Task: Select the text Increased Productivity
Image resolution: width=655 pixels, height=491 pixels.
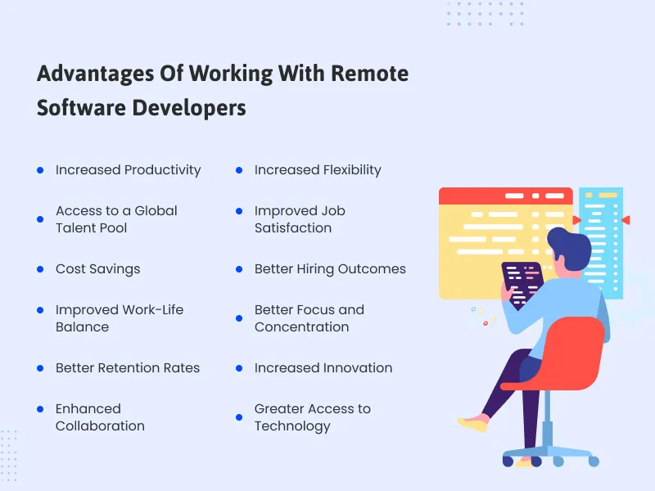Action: click(x=128, y=170)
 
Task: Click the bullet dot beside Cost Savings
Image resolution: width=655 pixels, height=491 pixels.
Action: click(x=40, y=269)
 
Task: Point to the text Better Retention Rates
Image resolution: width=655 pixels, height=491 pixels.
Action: click(x=128, y=368)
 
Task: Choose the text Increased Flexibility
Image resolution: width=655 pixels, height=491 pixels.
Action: click(x=318, y=170)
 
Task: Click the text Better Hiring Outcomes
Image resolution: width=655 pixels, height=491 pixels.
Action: click(x=330, y=269)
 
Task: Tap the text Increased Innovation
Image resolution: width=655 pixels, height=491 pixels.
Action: click(x=323, y=368)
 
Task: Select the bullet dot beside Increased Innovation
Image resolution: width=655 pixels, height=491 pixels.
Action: click(x=239, y=368)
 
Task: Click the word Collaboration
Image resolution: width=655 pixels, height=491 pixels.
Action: click(x=100, y=426)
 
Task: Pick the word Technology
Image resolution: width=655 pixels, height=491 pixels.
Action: click(x=292, y=426)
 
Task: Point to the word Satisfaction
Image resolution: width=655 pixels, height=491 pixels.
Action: click(x=292, y=228)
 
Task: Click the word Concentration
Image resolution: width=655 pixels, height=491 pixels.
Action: click(x=301, y=327)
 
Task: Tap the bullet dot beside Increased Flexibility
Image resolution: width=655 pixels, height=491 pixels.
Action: click(x=239, y=170)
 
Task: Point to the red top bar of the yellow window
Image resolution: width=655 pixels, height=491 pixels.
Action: click(x=504, y=196)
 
